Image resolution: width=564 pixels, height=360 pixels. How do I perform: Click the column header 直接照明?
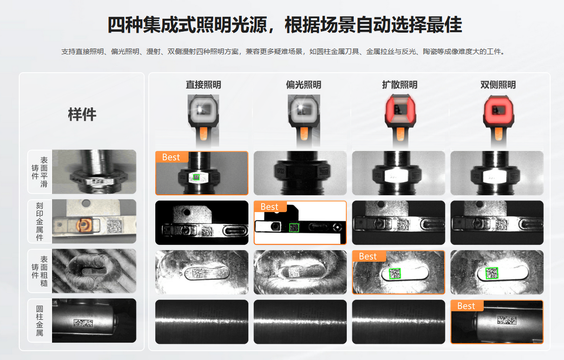pyautogui.click(x=203, y=85)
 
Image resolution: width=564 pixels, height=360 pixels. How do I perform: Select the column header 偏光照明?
pyautogui.click(x=304, y=85)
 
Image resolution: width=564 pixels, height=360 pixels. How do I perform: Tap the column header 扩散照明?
pyautogui.click(x=400, y=85)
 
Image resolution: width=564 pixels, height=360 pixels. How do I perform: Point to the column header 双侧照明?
pyautogui.click(x=498, y=85)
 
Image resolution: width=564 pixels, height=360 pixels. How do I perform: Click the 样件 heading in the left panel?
pyautogui.click(x=82, y=114)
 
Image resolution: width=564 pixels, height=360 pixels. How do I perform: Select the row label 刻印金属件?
pyautogui.click(x=40, y=221)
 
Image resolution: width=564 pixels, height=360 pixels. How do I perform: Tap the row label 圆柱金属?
pyautogui.click(x=40, y=320)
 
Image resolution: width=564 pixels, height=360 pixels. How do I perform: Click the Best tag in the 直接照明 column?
pyautogui.click(x=171, y=157)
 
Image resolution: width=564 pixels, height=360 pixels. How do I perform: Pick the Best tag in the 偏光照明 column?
pyautogui.click(x=270, y=207)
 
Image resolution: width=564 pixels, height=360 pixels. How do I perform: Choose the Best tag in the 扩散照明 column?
pyautogui.click(x=368, y=257)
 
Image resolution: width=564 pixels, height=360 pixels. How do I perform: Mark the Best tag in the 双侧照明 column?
pyautogui.click(x=467, y=306)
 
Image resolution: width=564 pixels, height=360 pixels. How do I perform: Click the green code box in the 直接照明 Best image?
pyautogui.click(x=196, y=177)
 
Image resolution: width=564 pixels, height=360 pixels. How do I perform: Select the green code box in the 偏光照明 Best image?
pyautogui.click(x=294, y=227)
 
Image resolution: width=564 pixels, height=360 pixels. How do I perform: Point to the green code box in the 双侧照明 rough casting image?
pyautogui.click(x=492, y=273)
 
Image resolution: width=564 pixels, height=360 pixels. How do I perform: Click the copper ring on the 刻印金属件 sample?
pyautogui.click(x=83, y=225)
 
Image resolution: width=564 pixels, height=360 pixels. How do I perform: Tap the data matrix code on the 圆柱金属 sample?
pyautogui.click(x=83, y=322)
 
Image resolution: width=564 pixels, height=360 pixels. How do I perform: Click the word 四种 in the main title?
pyautogui.click(x=125, y=25)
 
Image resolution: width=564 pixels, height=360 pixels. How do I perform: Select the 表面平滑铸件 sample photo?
pyautogui.click(x=94, y=172)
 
